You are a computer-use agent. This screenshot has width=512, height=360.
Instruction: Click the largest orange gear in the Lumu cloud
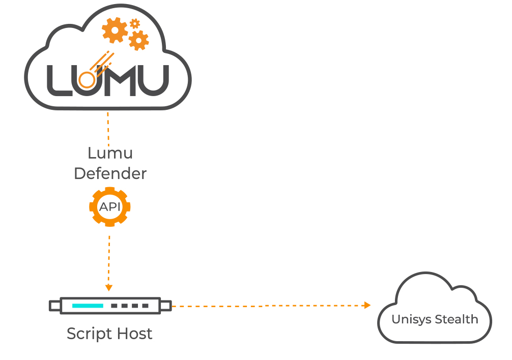115,31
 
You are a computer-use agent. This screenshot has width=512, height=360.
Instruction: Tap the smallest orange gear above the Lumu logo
134,23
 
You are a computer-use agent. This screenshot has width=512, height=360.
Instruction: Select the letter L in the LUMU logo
58,80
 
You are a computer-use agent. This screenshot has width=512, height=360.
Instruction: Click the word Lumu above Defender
110,153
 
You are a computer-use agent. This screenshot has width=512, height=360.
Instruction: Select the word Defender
110,173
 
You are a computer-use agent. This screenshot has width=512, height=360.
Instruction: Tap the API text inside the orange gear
109,207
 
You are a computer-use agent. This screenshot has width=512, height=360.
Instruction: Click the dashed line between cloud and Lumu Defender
108,127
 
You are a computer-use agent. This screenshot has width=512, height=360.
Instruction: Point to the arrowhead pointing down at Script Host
108,288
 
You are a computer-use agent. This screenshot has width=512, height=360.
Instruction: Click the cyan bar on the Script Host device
88,306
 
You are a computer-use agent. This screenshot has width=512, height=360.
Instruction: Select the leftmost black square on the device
115,306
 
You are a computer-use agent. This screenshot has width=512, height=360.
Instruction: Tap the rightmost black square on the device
146,306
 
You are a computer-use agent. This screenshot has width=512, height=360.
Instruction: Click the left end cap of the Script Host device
54,306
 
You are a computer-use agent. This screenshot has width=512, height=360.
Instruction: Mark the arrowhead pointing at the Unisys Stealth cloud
367,305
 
